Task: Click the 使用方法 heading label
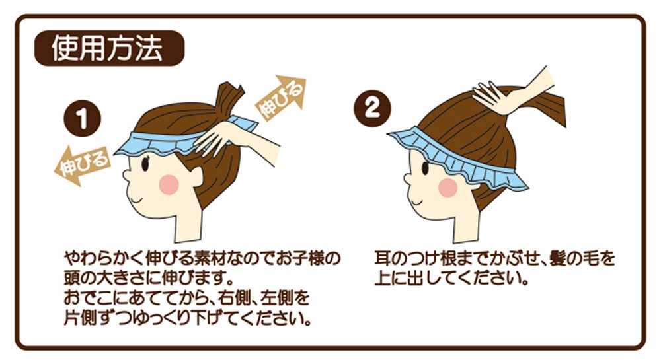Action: click(109, 48)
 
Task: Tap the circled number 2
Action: click(371, 108)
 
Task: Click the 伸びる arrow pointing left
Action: click(82, 166)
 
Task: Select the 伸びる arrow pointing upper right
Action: click(282, 98)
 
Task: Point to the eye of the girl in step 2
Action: click(425, 167)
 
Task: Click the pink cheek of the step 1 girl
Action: click(169, 184)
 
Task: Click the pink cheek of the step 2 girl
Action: click(448, 188)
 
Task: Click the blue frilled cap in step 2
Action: click(457, 159)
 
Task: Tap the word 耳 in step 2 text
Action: click(383, 258)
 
